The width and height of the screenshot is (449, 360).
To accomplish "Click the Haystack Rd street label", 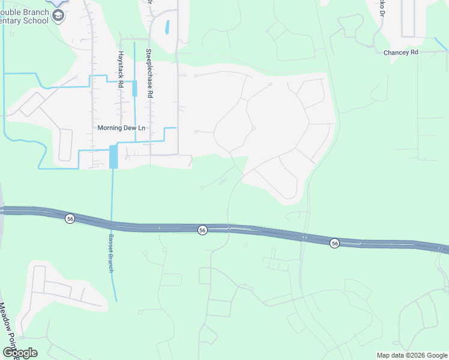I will tap(120, 67).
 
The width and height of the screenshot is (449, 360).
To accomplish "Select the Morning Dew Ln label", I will tap(121, 128).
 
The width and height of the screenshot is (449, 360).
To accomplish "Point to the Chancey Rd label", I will tap(400, 53).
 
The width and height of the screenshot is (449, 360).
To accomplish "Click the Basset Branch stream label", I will tap(110, 253).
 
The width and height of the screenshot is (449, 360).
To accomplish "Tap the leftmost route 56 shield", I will tap(70, 219).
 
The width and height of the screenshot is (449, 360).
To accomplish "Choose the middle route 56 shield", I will tap(203, 230).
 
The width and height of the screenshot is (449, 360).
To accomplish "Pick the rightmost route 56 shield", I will tap(335, 243).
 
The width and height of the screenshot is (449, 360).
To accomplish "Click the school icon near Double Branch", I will tap(58, 15).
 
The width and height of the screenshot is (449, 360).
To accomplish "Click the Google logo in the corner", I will tap(20, 353).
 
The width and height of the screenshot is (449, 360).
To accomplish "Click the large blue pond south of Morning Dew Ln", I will tap(113, 157).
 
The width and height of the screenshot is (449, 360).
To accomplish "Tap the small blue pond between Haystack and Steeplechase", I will tap(134, 89).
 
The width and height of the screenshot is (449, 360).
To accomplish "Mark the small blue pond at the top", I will tap(167, 27).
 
